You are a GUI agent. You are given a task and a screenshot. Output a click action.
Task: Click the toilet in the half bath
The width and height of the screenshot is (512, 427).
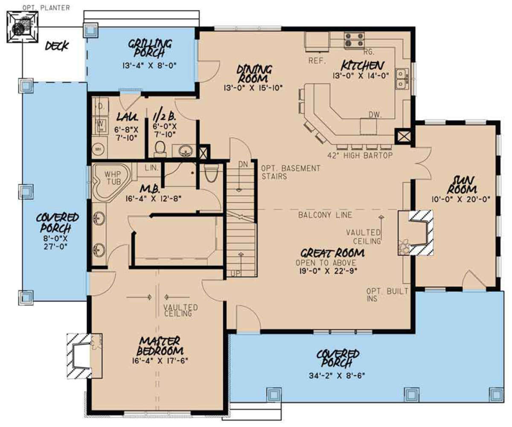tap(160, 147)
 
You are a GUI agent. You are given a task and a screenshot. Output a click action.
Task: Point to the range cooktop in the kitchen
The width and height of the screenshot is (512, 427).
tap(354, 39)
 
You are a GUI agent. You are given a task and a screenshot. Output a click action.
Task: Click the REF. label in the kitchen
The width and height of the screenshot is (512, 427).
tap(317, 61)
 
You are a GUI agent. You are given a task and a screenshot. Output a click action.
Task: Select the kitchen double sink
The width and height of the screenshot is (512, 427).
tap(401, 79)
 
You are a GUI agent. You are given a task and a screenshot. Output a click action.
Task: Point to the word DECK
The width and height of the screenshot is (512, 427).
tap(57, 46)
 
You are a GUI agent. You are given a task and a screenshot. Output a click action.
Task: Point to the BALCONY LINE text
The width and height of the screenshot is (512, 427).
tap(325, 215)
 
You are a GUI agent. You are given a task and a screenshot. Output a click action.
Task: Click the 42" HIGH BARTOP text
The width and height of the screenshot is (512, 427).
tap(359, 155)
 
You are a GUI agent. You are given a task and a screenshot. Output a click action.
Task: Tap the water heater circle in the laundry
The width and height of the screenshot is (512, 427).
tap(98, 149)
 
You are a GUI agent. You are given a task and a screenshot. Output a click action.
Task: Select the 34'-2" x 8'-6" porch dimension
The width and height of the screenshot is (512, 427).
tap(337, 376)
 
